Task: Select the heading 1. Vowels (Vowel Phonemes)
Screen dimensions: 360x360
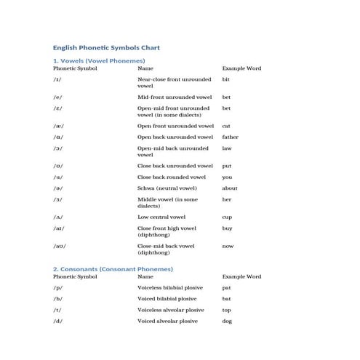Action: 99,60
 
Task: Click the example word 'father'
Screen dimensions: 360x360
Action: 230,137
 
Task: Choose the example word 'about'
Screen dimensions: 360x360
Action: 229,188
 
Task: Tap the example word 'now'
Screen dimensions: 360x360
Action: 228,247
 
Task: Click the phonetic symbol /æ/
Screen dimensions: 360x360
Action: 58,126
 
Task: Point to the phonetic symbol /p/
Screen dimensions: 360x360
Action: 57,287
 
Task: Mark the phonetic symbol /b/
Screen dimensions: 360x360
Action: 57,298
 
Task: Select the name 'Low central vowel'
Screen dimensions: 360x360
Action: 161,217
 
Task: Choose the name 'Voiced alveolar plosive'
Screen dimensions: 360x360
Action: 167,321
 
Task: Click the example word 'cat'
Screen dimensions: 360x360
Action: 226,126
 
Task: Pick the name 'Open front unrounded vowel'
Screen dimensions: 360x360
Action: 175,126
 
